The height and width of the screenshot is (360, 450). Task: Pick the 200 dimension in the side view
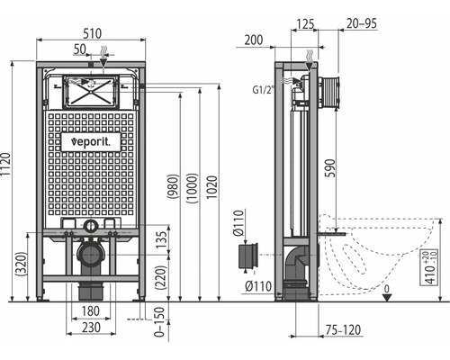click(x=253, y=40)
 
